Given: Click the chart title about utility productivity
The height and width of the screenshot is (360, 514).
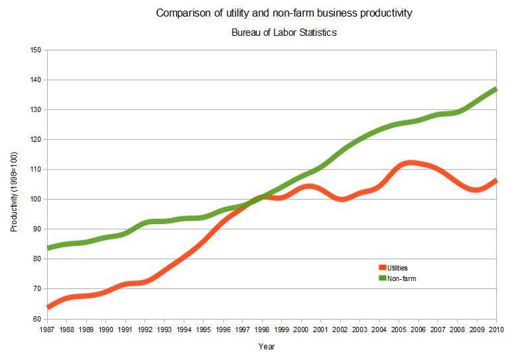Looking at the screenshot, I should click(283, 13).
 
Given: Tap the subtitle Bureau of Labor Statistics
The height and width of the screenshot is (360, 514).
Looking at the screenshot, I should click(284, 32).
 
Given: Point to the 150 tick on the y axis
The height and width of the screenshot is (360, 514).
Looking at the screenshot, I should click(36, 50).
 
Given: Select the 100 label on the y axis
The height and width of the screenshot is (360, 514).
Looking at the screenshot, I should click(36, 200).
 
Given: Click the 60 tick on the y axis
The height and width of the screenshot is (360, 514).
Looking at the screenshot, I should click(37, 319).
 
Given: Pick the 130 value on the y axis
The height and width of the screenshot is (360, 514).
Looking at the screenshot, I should click(36, 110).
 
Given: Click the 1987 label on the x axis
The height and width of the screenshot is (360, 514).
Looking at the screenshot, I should click(47, 329).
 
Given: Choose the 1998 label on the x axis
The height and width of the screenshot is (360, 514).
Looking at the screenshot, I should click(263, 329).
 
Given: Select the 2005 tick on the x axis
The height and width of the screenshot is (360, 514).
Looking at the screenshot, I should click(399, 329).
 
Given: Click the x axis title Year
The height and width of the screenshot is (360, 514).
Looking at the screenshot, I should click(267, 346).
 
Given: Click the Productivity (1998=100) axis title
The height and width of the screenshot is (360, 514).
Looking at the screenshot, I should click(14, 192).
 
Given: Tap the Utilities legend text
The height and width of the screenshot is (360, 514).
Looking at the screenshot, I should click(397, 268).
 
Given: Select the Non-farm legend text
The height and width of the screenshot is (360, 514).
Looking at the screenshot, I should click(401, 278).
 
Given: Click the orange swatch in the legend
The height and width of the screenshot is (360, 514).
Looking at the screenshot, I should click(382, 268).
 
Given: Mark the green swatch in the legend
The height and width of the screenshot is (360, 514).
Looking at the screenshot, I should click(382, 278).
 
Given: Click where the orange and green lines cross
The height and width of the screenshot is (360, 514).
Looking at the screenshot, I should click(259, 198).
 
